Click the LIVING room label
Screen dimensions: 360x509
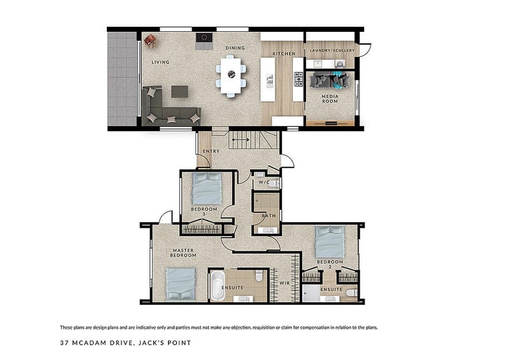pos(160,62)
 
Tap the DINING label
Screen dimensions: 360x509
pos(235,48)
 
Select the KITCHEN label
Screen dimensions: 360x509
pos(284,54)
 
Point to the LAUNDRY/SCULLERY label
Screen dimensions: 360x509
pos(330,51)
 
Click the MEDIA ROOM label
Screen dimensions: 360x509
pos(330,99)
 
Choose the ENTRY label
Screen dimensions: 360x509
pos(211,151)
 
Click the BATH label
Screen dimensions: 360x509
pos(268,216)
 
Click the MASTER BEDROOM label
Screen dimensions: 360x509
pos(183,253)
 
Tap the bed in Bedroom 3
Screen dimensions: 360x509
pos(206,188)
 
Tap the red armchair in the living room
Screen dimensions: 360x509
pos(150,41)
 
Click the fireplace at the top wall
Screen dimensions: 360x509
pos(204,38)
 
